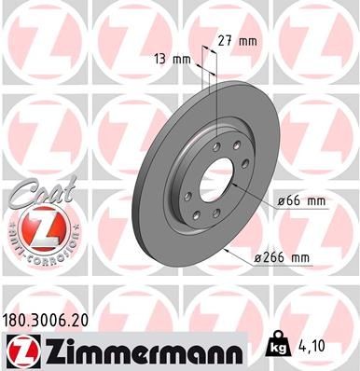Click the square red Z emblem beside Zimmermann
coord(19,350)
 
